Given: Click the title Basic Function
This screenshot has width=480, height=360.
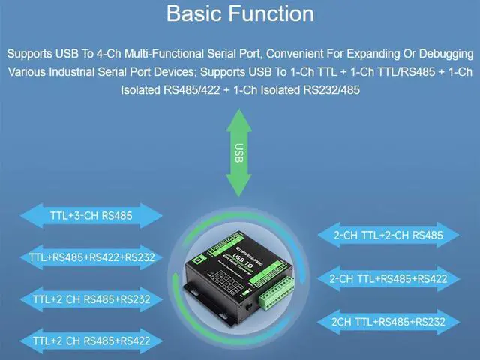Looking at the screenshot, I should click(240, 14).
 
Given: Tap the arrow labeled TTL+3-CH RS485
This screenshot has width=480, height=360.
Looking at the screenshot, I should click(91, 217).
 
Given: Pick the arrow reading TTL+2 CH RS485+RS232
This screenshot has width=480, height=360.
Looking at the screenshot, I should click(91, 299).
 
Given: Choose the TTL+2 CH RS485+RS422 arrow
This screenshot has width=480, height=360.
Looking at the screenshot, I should click(91, 340).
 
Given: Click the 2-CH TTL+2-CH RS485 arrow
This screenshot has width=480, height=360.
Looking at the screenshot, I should click(388, 235).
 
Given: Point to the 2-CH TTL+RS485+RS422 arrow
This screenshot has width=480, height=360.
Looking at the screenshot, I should click(388, 278).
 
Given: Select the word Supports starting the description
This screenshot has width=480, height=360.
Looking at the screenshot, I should click(30, 54).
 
